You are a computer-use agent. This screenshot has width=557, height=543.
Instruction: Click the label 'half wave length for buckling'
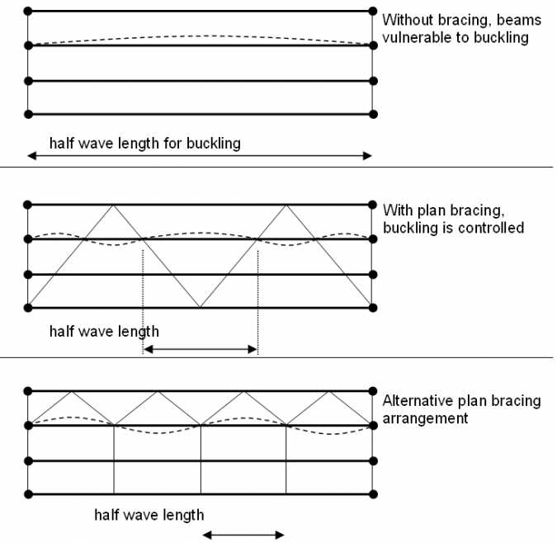[144, 143]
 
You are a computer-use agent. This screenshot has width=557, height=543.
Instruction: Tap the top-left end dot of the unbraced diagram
[28, 11]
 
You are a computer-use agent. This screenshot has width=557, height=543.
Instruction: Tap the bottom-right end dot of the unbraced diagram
[374, 114]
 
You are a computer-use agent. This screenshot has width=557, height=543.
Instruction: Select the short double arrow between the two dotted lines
[201, 350]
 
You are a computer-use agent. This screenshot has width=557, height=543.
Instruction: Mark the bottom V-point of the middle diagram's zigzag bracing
[201, 308]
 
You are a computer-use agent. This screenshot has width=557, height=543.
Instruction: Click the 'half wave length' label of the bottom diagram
[149, 515]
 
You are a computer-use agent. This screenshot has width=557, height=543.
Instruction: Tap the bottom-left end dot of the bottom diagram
[28, 494]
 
